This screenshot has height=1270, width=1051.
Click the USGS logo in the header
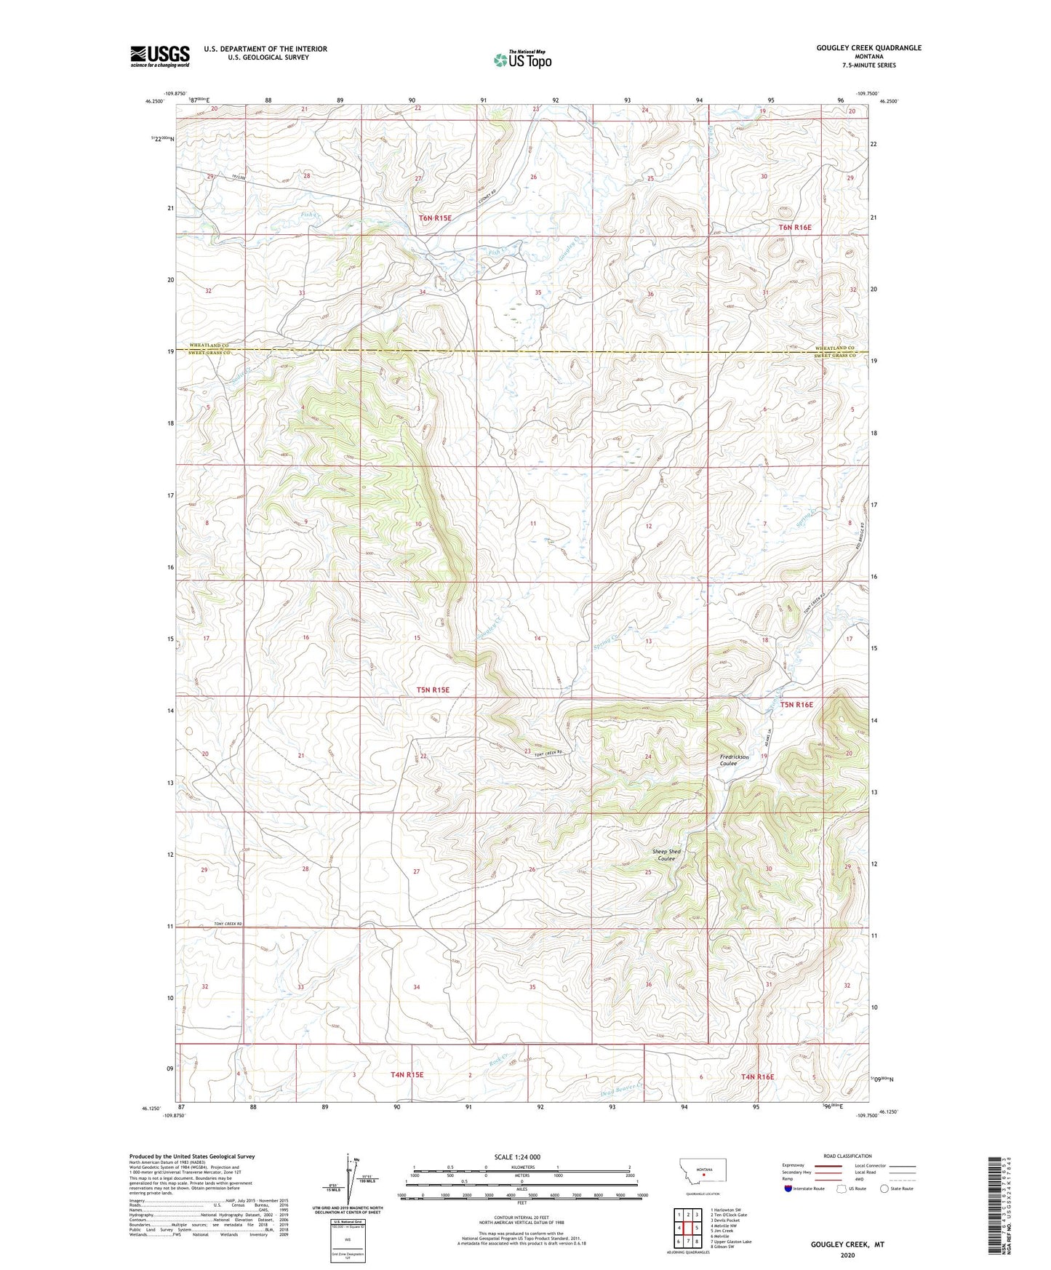[160, 56]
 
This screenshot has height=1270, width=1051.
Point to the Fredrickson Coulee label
[734, 760]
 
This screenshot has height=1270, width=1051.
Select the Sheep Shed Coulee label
[666, 855]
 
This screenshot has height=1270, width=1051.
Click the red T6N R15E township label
[435, 218]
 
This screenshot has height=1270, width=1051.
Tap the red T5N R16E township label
[796, 704]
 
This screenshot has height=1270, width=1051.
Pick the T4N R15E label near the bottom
[407, 1074]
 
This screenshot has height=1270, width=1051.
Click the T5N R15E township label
[433, 690]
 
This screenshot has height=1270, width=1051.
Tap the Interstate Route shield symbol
[788, 1189]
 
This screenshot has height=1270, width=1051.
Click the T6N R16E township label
[795, 228]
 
